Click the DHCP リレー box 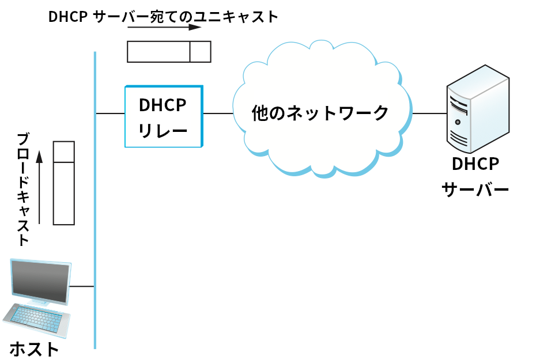tap(164, 116)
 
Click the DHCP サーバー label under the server tap(475, 177)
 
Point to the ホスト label tap(34, 349)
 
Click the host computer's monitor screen tap(40, 281)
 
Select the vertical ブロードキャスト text tap(23, 190)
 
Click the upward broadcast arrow tap(39, 187)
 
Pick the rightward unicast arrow tap(164, 27)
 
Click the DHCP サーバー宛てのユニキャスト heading tap(163, 17)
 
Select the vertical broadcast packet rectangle tap(63, 183)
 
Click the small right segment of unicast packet tap(200, 51)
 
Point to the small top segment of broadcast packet tap(63, 151)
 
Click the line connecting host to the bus tap(82, 286)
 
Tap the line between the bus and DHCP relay tap(110, 113)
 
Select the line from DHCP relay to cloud tap(218, 113)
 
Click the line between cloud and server tap(429, 113)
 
